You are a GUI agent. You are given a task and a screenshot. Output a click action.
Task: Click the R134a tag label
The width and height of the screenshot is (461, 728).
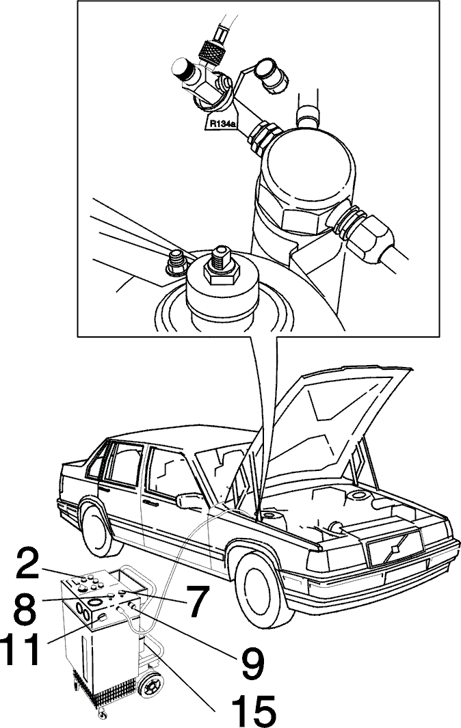coord(222,124)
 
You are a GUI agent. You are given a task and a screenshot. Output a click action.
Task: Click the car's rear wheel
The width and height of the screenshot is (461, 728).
coord(98,532)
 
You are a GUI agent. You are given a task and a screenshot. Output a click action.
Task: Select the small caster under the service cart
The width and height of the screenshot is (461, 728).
coord(102,713)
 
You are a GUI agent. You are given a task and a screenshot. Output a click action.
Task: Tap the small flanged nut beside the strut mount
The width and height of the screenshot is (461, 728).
coord(177,263)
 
